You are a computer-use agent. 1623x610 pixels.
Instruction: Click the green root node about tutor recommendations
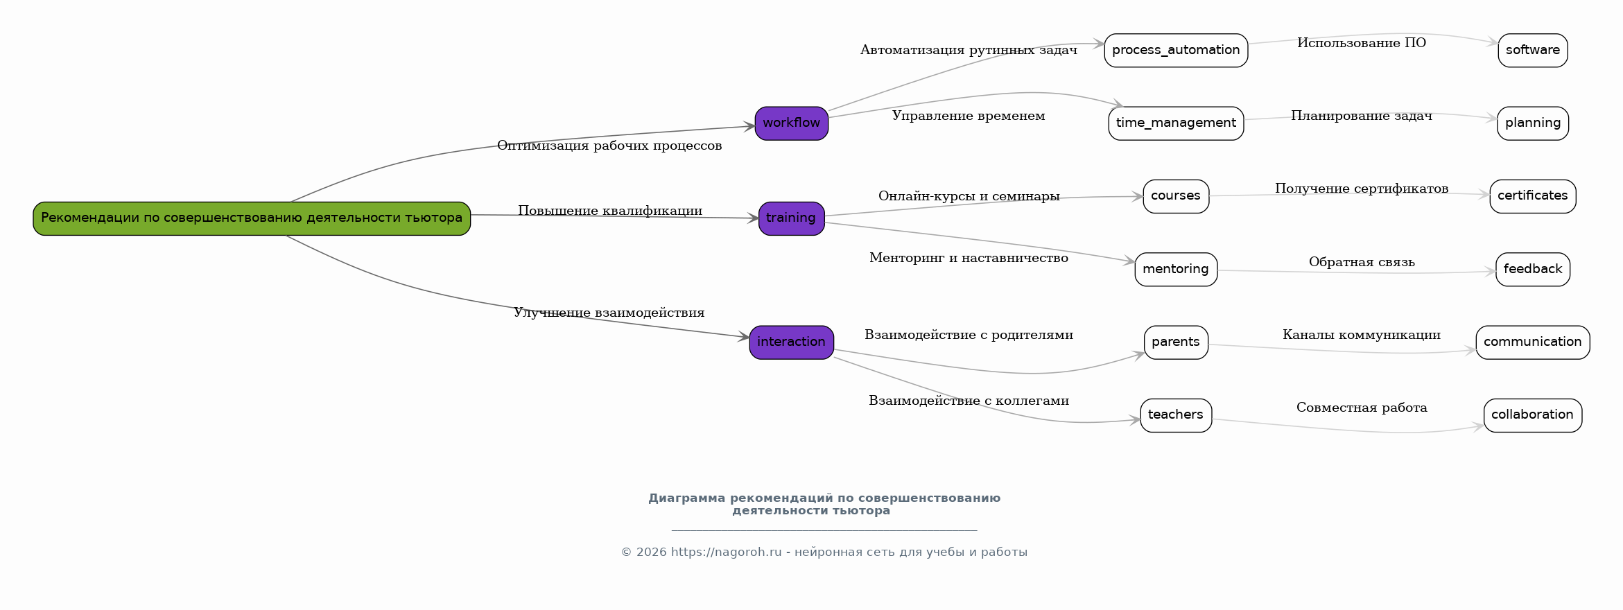tap(252, 218)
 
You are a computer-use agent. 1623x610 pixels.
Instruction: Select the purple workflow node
tap(791, 123)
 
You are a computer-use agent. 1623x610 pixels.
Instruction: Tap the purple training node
tap(791, 218)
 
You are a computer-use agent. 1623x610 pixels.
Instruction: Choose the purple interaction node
tap(791, 342)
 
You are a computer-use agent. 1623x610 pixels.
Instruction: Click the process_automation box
tap(1176, 51)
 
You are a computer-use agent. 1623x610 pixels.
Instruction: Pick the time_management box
tap(1176, 123)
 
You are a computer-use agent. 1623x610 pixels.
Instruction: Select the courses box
tap(1176, 196)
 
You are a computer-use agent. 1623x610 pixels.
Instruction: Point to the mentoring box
tap(1176, 270)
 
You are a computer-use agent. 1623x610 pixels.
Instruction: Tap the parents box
tap(1176, 342)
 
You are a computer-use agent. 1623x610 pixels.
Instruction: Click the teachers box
tap(1176, 415)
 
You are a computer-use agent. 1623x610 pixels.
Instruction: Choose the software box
tap(1532, 51)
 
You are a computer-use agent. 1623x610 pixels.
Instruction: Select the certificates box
tap(1532, 196)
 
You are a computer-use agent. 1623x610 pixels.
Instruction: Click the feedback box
tap(1532, 270)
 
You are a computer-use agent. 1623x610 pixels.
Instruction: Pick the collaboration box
tap(1532, 415)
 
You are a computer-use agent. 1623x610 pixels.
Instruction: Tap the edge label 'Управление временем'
tap(968, 116)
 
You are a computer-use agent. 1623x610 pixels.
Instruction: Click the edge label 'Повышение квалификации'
tap(610, 211)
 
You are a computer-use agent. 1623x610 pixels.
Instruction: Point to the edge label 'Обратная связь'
tap(1362, 262)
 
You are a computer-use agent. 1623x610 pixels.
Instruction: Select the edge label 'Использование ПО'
tap(1362, 43)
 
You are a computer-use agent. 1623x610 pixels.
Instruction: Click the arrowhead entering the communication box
tap(1471, 350)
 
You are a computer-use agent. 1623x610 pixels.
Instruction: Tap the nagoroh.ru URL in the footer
tap(726, 552)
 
